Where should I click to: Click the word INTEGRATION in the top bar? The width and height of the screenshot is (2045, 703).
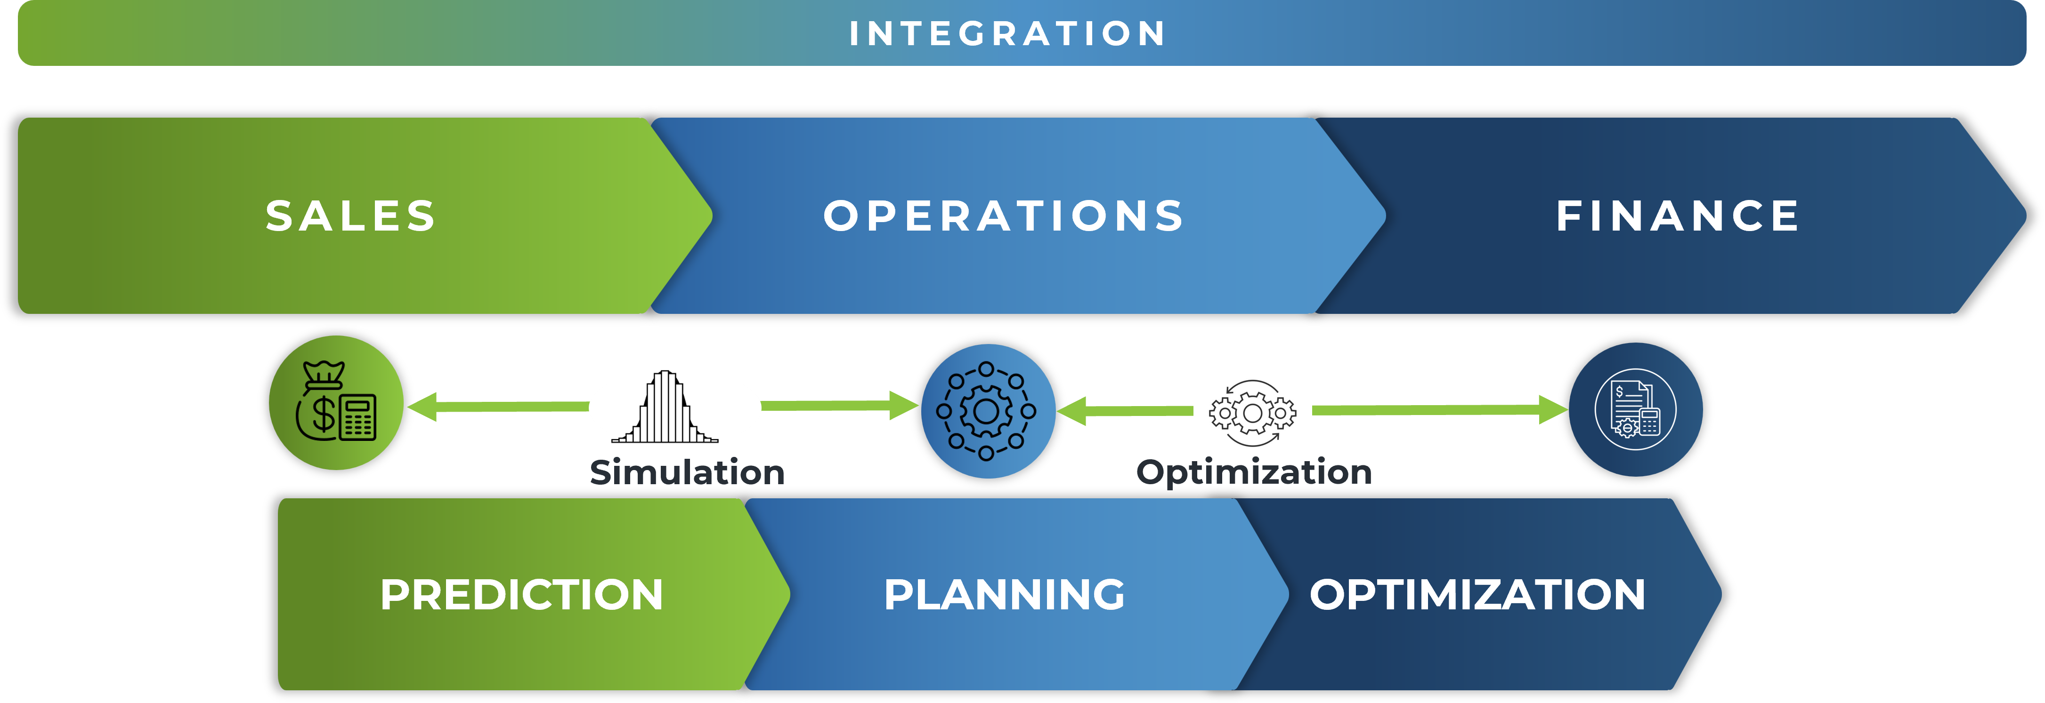[1006, 33]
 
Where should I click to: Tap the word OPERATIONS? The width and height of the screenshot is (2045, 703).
[1004, 216]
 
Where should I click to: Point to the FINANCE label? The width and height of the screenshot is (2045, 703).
[1678, 216]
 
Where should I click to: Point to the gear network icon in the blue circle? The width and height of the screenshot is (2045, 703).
[987, 411]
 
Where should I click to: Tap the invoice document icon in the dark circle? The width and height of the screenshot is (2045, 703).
[1635, 409]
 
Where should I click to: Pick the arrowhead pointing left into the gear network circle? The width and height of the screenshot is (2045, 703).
[1072, 411]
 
